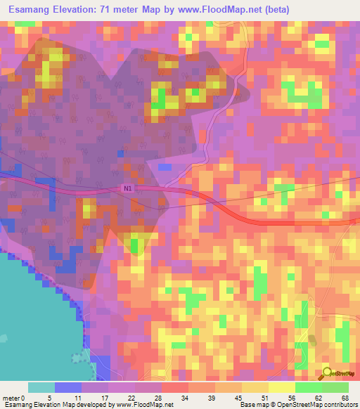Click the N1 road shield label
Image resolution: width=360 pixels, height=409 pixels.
127,188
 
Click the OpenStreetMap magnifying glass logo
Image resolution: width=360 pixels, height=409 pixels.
328,374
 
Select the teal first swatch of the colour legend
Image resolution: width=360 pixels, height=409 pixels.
41,387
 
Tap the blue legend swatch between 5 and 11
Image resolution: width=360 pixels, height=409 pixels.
68,387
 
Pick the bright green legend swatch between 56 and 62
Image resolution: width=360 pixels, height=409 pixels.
308,387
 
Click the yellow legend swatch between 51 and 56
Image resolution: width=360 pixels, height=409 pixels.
281,387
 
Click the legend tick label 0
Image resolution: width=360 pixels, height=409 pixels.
25,397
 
